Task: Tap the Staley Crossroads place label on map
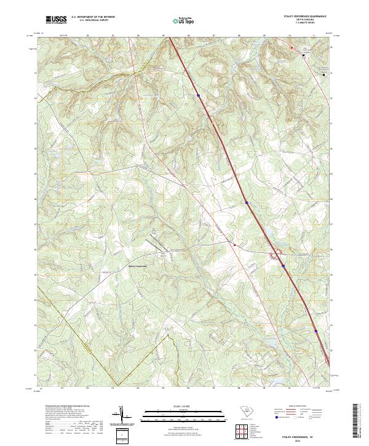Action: click(x=137, y=266)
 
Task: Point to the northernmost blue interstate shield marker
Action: click(x=199, y=95)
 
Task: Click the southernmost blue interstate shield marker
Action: click(x=315, y=331)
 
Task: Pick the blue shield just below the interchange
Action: click(x=283, y=266)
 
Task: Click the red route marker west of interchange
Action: click(x=234, y=244)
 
